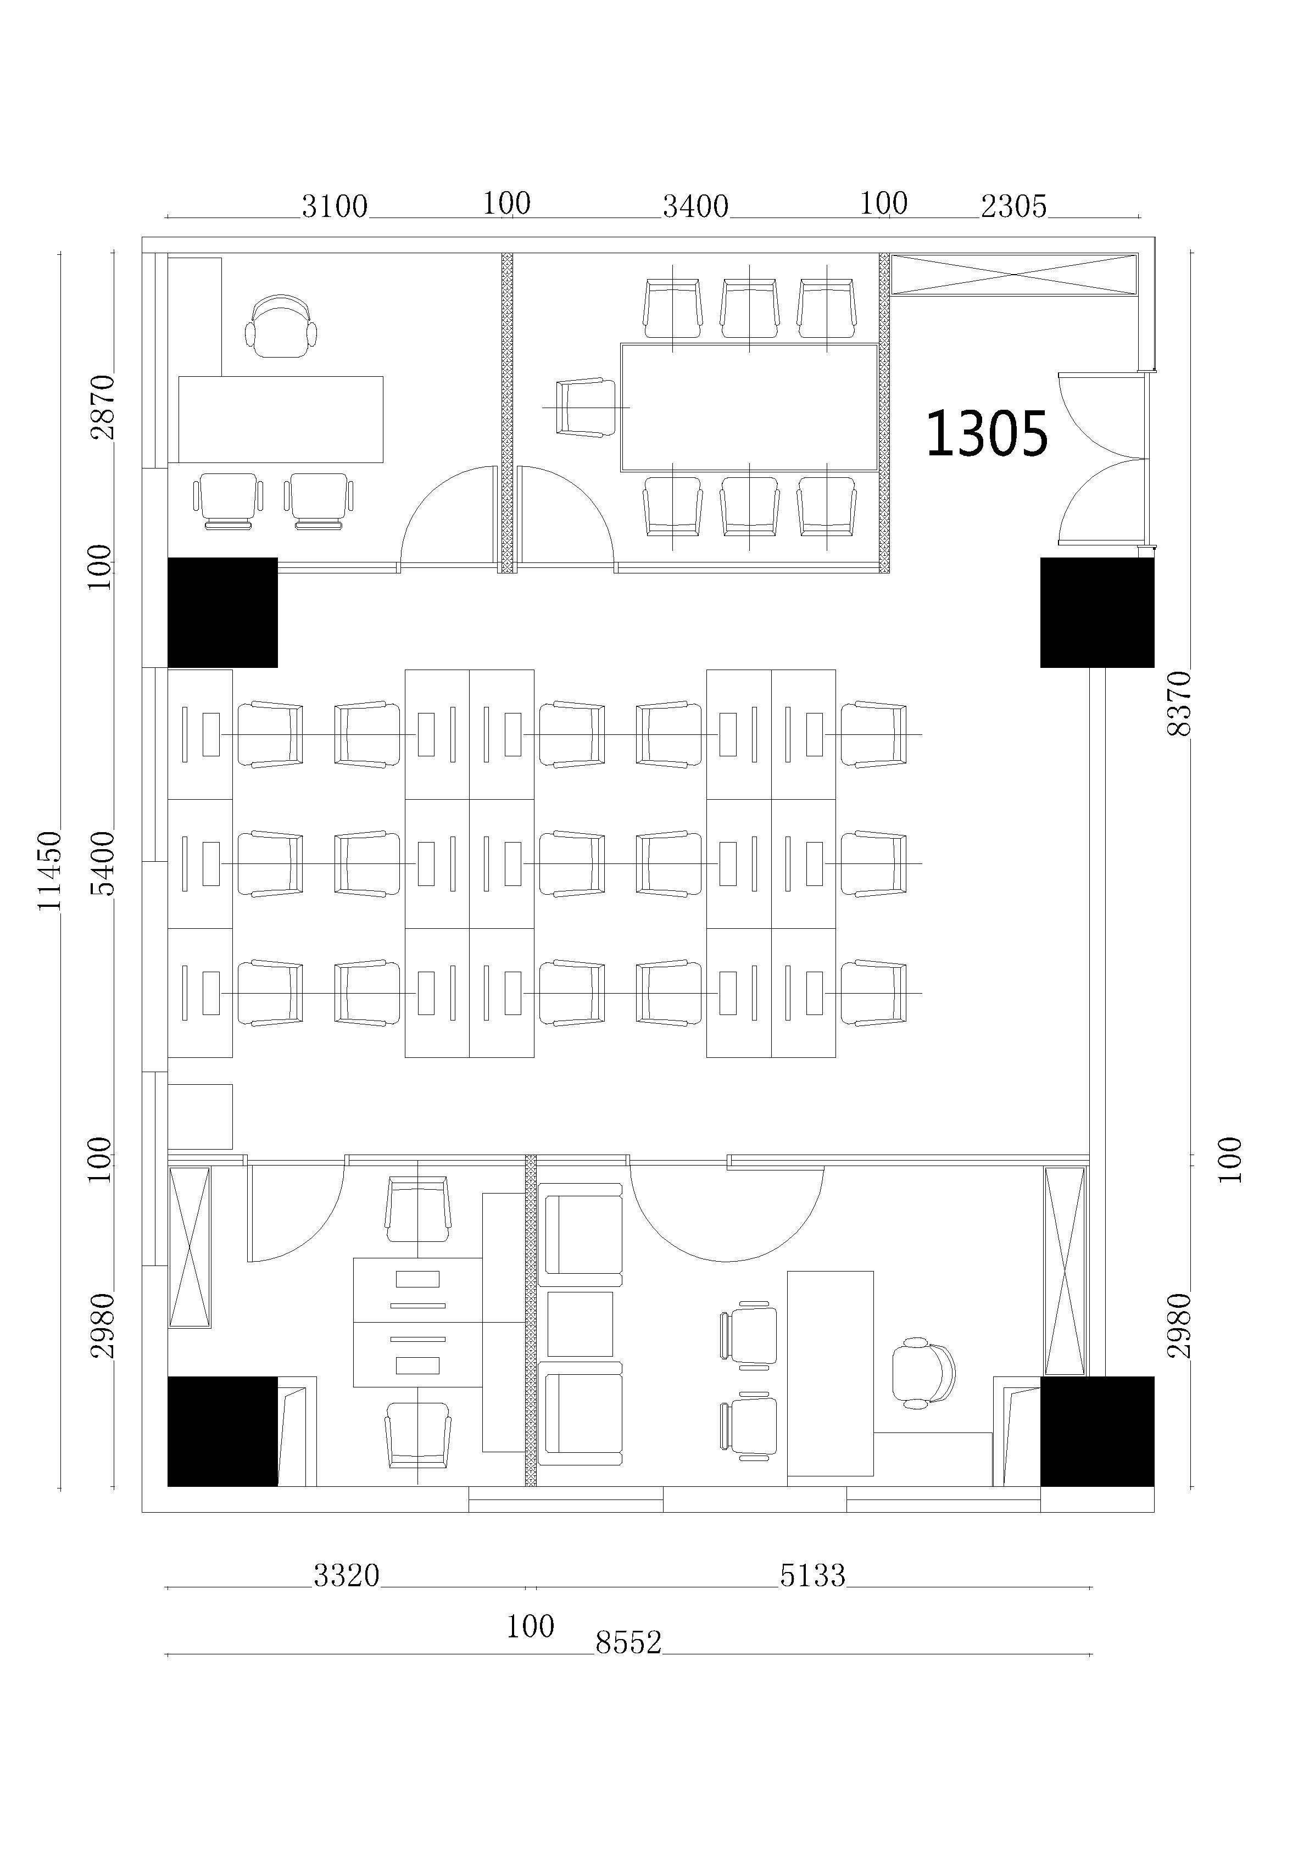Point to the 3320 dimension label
pyautogui.click(x=347, y=1576)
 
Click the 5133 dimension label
pyautogui.click(x=812, y=1576)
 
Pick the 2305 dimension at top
pyautogui.click(x=1013, y=207)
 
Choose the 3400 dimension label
pyautogui.click(x=695, y=207)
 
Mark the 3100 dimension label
pyautogui.click(x=334, y=207)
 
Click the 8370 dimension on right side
pyautogui.click(x=1179, y=703)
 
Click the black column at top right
pyautogui.click(x=1097, y=612)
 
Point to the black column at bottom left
pyautogui.click(x=222, y=1431)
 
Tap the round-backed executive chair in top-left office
pyautogui.click(x=281, y=326)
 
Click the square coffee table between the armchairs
pyautogui.click(x=580, y=1324)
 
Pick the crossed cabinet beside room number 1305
pyautogui.click(x=1014, y=274)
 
